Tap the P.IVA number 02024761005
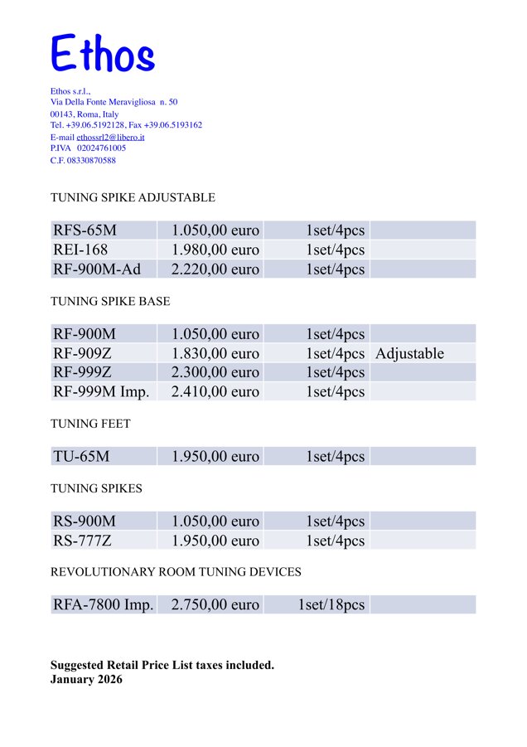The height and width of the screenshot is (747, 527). point(101,148)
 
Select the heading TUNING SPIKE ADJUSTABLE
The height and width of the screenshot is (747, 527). point(133,198)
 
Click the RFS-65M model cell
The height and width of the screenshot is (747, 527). point(85,230)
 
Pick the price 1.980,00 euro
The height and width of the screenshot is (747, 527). point(215,250)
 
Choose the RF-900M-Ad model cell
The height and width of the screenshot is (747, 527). point(97,269)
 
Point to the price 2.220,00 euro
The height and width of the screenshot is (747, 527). point(215,269)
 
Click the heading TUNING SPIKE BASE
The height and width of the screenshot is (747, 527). point(110,302)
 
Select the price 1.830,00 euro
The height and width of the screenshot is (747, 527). point(215,354)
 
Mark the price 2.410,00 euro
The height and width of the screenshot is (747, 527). point(215,392)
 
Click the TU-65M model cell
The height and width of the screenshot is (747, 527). point(81,456)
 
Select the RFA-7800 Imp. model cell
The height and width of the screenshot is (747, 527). point(104,605)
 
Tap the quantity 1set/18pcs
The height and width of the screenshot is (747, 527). point(331,605)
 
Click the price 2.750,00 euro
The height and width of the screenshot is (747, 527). point(215,605)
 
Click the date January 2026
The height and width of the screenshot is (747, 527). point(86,680)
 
